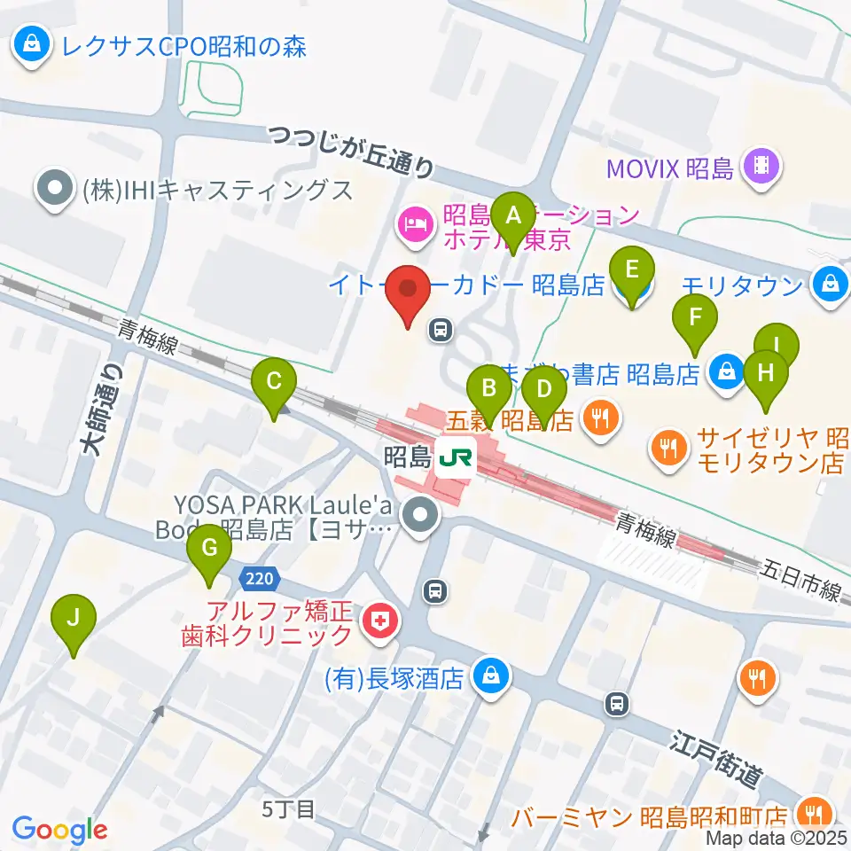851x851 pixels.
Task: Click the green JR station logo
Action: [458, 457]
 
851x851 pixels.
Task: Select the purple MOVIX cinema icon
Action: [761, 165]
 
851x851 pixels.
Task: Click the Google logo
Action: [59, 830]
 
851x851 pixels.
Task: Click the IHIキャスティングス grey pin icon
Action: [56, 189]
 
